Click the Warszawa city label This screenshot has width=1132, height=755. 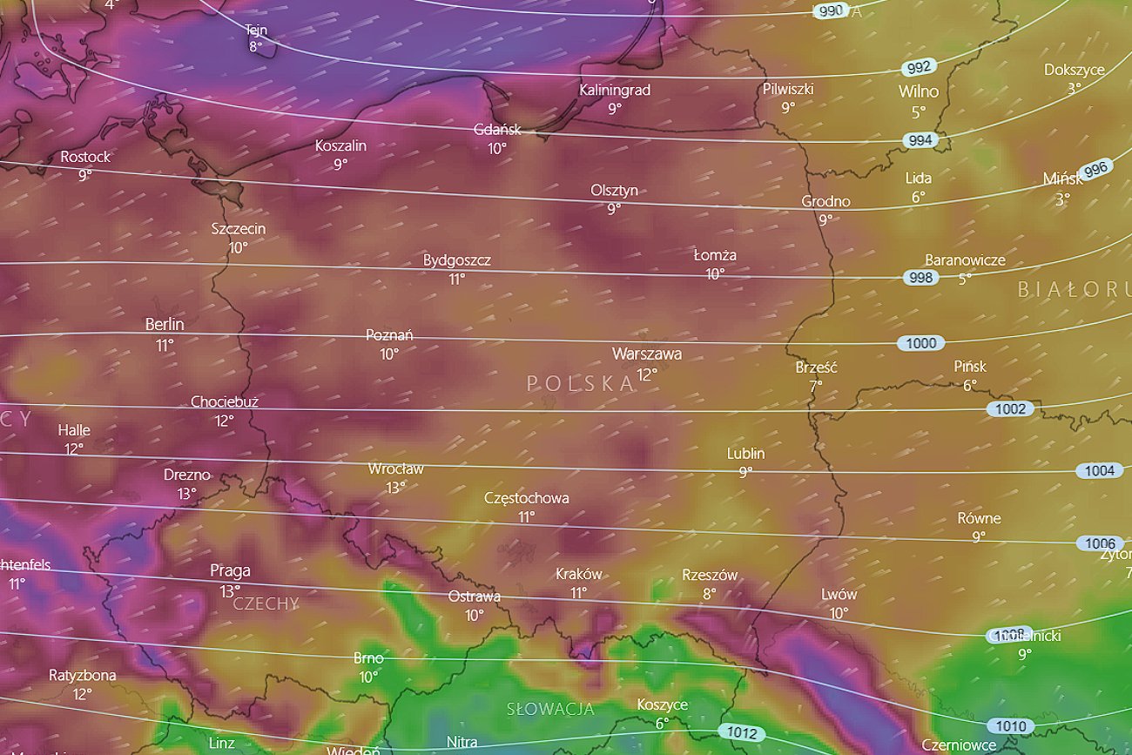[x=646, y=354]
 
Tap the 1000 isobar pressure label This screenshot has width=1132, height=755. [x=920, y=343]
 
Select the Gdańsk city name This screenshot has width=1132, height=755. [x=497, y=130]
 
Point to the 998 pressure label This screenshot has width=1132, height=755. [x=920, y=278]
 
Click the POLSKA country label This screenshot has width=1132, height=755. [x=580, y=383]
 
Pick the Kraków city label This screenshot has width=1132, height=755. [x=579, y=574]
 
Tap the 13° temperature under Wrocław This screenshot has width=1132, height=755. [x=395, y=488]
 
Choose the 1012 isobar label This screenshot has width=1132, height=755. [x=742, y=733]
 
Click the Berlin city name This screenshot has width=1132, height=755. [x=165, y=324]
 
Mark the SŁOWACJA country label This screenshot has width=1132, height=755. [x=550, y=709]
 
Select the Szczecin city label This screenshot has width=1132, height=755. [x=239, y=229]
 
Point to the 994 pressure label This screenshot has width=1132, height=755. [x=920, y=140]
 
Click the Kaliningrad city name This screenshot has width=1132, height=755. [x=615, y=90]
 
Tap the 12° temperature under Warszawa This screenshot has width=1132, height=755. [x=647, y=374]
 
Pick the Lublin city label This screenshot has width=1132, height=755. [x=745, y=453]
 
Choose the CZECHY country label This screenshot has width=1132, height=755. [x=266, y=603]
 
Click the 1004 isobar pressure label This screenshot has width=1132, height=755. [x=1099, y=470]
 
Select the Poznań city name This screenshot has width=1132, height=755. [x=389, y=335]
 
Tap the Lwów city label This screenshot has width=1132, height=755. [x=839, y=594]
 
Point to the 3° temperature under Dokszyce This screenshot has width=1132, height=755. [x=1075, y=88]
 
